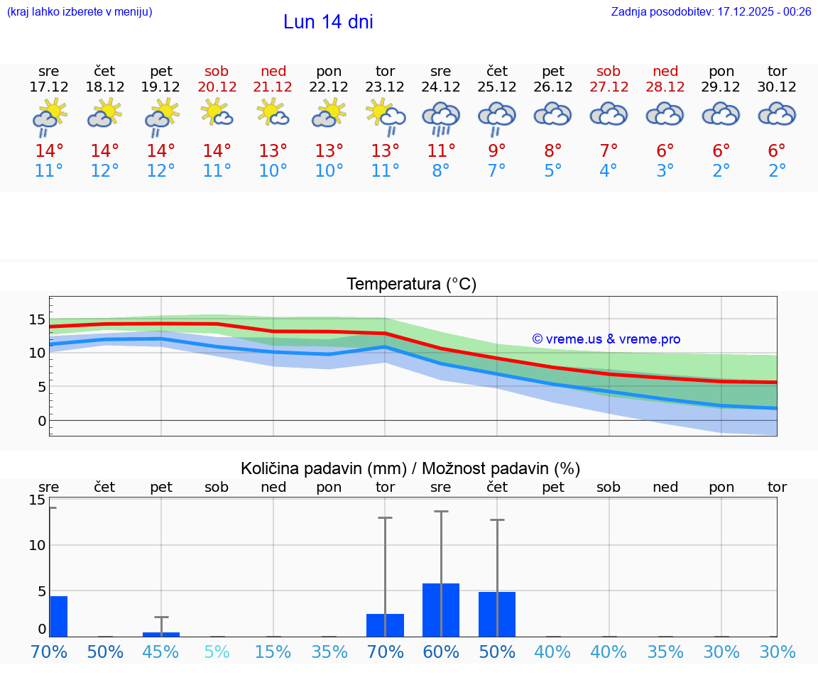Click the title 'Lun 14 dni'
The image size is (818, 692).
[x=328, y=22]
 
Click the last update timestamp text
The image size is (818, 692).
[x=711, y=12]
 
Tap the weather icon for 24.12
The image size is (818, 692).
[x=441, y=117]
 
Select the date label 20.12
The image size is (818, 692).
[x=217, y=87]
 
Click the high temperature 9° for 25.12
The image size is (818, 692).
[x=497, y=150]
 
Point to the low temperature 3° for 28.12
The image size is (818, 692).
[x=665, y=171]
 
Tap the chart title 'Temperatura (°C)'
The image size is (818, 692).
[x=411, y=285]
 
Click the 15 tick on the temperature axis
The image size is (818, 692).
[x=37, y=319]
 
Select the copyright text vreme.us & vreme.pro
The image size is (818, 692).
[x=606, y=339]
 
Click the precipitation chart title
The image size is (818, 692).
[x=410, y=468]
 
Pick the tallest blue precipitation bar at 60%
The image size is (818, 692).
[x=441, y=610]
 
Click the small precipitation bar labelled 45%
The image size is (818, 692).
[x=161, y=634]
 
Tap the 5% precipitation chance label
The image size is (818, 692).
[x=217, y=652]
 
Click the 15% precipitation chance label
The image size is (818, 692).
[x=273, y=652]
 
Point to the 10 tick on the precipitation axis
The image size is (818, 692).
[x=37, y=545]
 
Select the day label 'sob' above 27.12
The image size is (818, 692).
[x=609, y=71]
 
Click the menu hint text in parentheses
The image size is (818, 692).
[x=79, y=12]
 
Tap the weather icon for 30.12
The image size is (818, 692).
[x=777, y=114]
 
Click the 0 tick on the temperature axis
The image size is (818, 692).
[x=41, y=421]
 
